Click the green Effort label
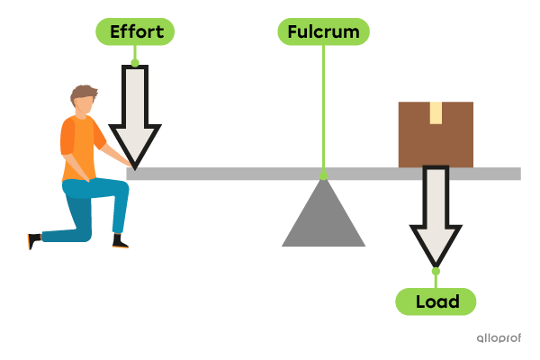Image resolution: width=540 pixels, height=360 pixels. click(135, 32)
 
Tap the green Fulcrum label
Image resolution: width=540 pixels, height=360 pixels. click(323, 32)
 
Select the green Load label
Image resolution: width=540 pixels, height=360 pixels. click(436, 301)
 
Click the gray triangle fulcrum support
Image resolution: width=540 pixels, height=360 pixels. click(323, 220)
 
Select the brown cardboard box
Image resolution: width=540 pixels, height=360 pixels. click(436, 135)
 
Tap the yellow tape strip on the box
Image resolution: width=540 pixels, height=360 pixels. click(436, 112)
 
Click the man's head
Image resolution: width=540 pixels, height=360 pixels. click(84, 102)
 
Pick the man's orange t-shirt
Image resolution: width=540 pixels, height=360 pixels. click(79, 144)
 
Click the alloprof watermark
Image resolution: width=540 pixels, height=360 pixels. click(499, 338)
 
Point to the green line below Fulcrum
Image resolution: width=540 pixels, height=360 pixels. click(323, 108)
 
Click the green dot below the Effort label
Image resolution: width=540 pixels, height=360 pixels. click(135, 62)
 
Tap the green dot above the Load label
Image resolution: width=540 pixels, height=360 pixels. click(436, 271)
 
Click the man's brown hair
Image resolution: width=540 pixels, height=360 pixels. click(83, 92)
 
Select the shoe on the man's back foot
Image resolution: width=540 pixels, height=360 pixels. click(33, 240)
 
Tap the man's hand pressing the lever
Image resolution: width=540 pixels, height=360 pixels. click(130, 164)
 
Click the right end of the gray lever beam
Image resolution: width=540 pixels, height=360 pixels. click(516, 174)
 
